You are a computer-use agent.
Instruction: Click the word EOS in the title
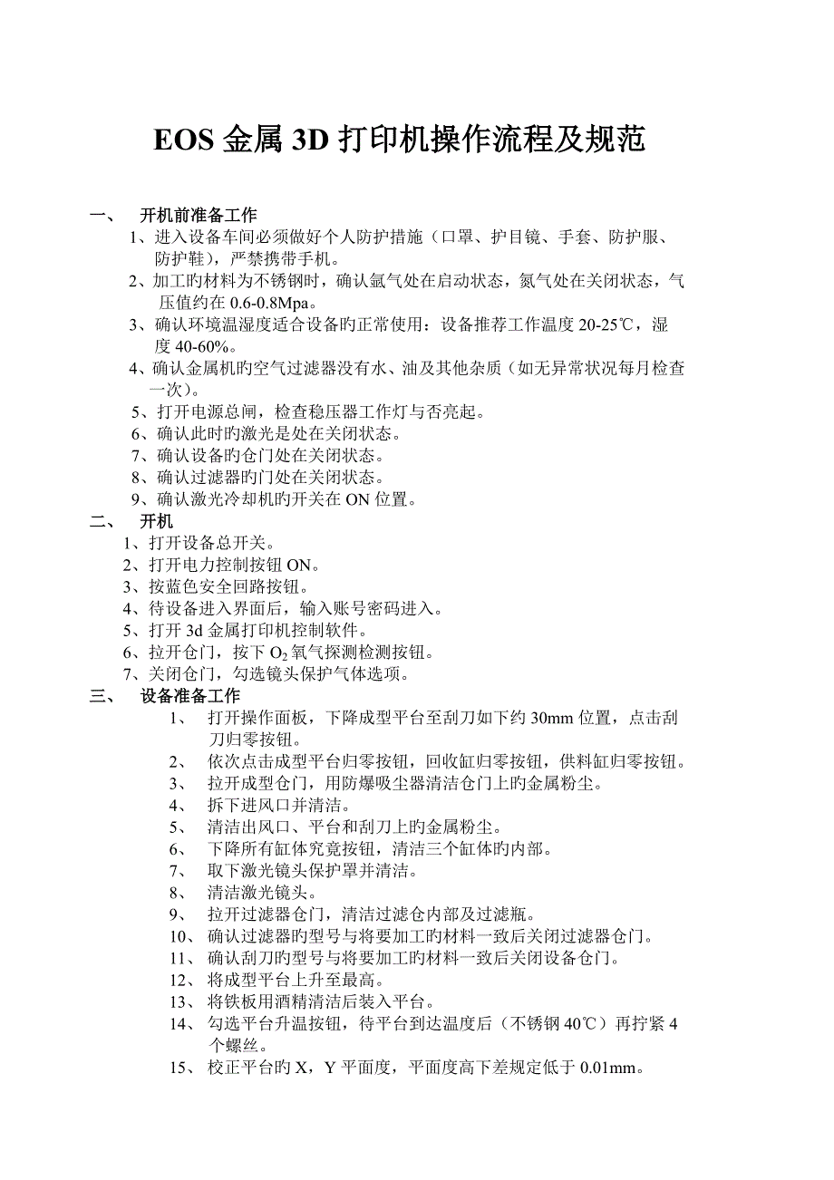(184, 140)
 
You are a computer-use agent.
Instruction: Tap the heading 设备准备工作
(190, 696)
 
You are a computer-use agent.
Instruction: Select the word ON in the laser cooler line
(357, 498)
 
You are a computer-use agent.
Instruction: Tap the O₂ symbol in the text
(276, 653)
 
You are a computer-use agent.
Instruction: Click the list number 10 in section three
(177, 937)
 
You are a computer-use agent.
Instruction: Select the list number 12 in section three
(177, 981)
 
